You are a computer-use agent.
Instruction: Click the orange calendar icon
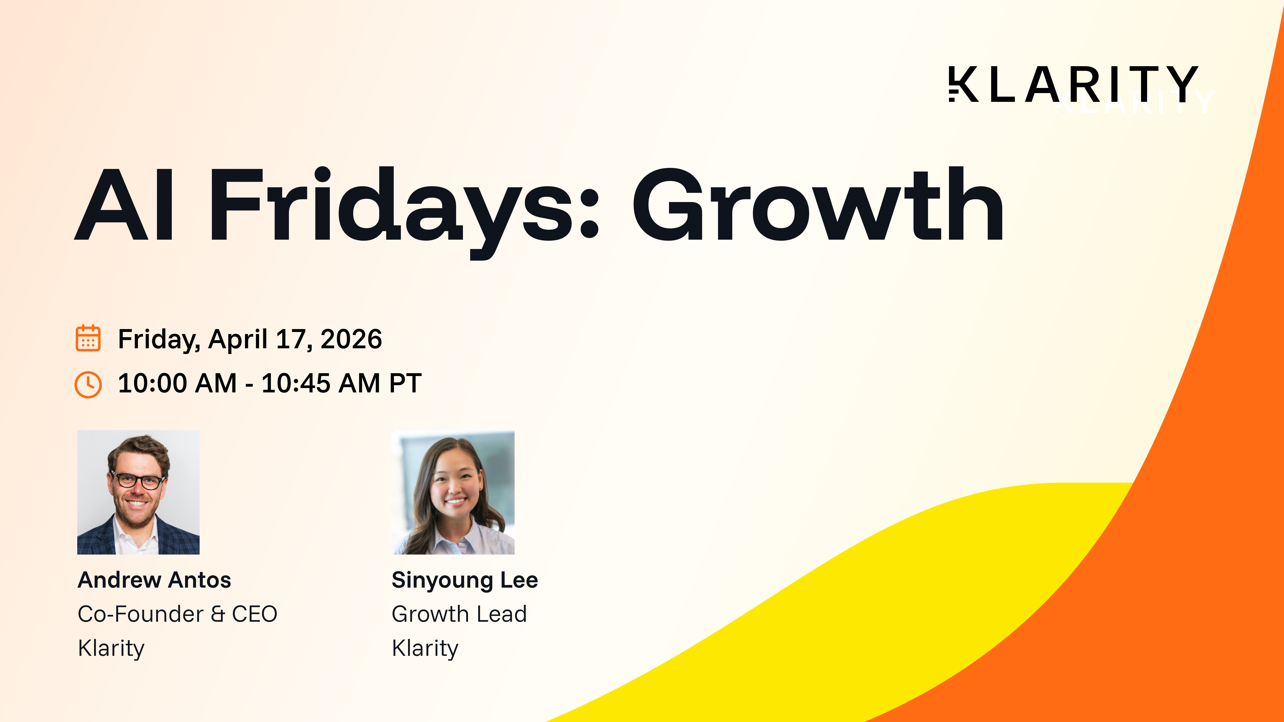coord(88,338)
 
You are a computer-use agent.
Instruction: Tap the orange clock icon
coord(88,384)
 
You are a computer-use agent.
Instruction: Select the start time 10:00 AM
coord(178,383)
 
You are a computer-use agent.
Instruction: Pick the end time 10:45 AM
coord(321,383)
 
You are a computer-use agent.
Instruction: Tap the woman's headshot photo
coord(453,492)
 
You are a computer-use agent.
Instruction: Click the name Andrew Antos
coord(154,580)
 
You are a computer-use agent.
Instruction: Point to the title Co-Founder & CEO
coord(178,614)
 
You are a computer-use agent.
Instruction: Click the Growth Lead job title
coord(459,614)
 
